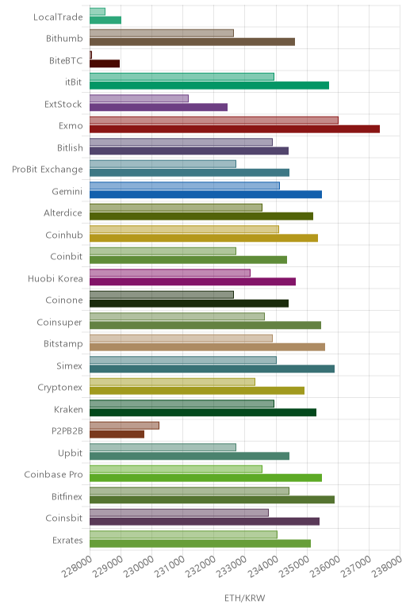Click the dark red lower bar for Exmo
coord(235,128)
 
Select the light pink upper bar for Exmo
coord(214,120)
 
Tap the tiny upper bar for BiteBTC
coord(90,55)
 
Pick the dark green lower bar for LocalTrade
coord(105,20)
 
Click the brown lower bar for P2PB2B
coord(117,434)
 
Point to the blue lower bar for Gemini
coord(205,194)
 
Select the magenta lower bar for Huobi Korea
coord(193,281)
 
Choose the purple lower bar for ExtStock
coord(159,107)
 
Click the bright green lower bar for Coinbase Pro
coord(205,478)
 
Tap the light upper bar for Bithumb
coord(162,33)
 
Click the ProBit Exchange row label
coord(48,170)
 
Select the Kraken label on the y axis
coord(68,409)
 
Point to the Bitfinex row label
coord(67,496)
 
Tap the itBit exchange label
coord(74,82)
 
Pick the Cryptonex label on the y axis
coord(59,388)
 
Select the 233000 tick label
coord(232,566)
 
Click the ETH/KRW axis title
coord(245,598)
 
